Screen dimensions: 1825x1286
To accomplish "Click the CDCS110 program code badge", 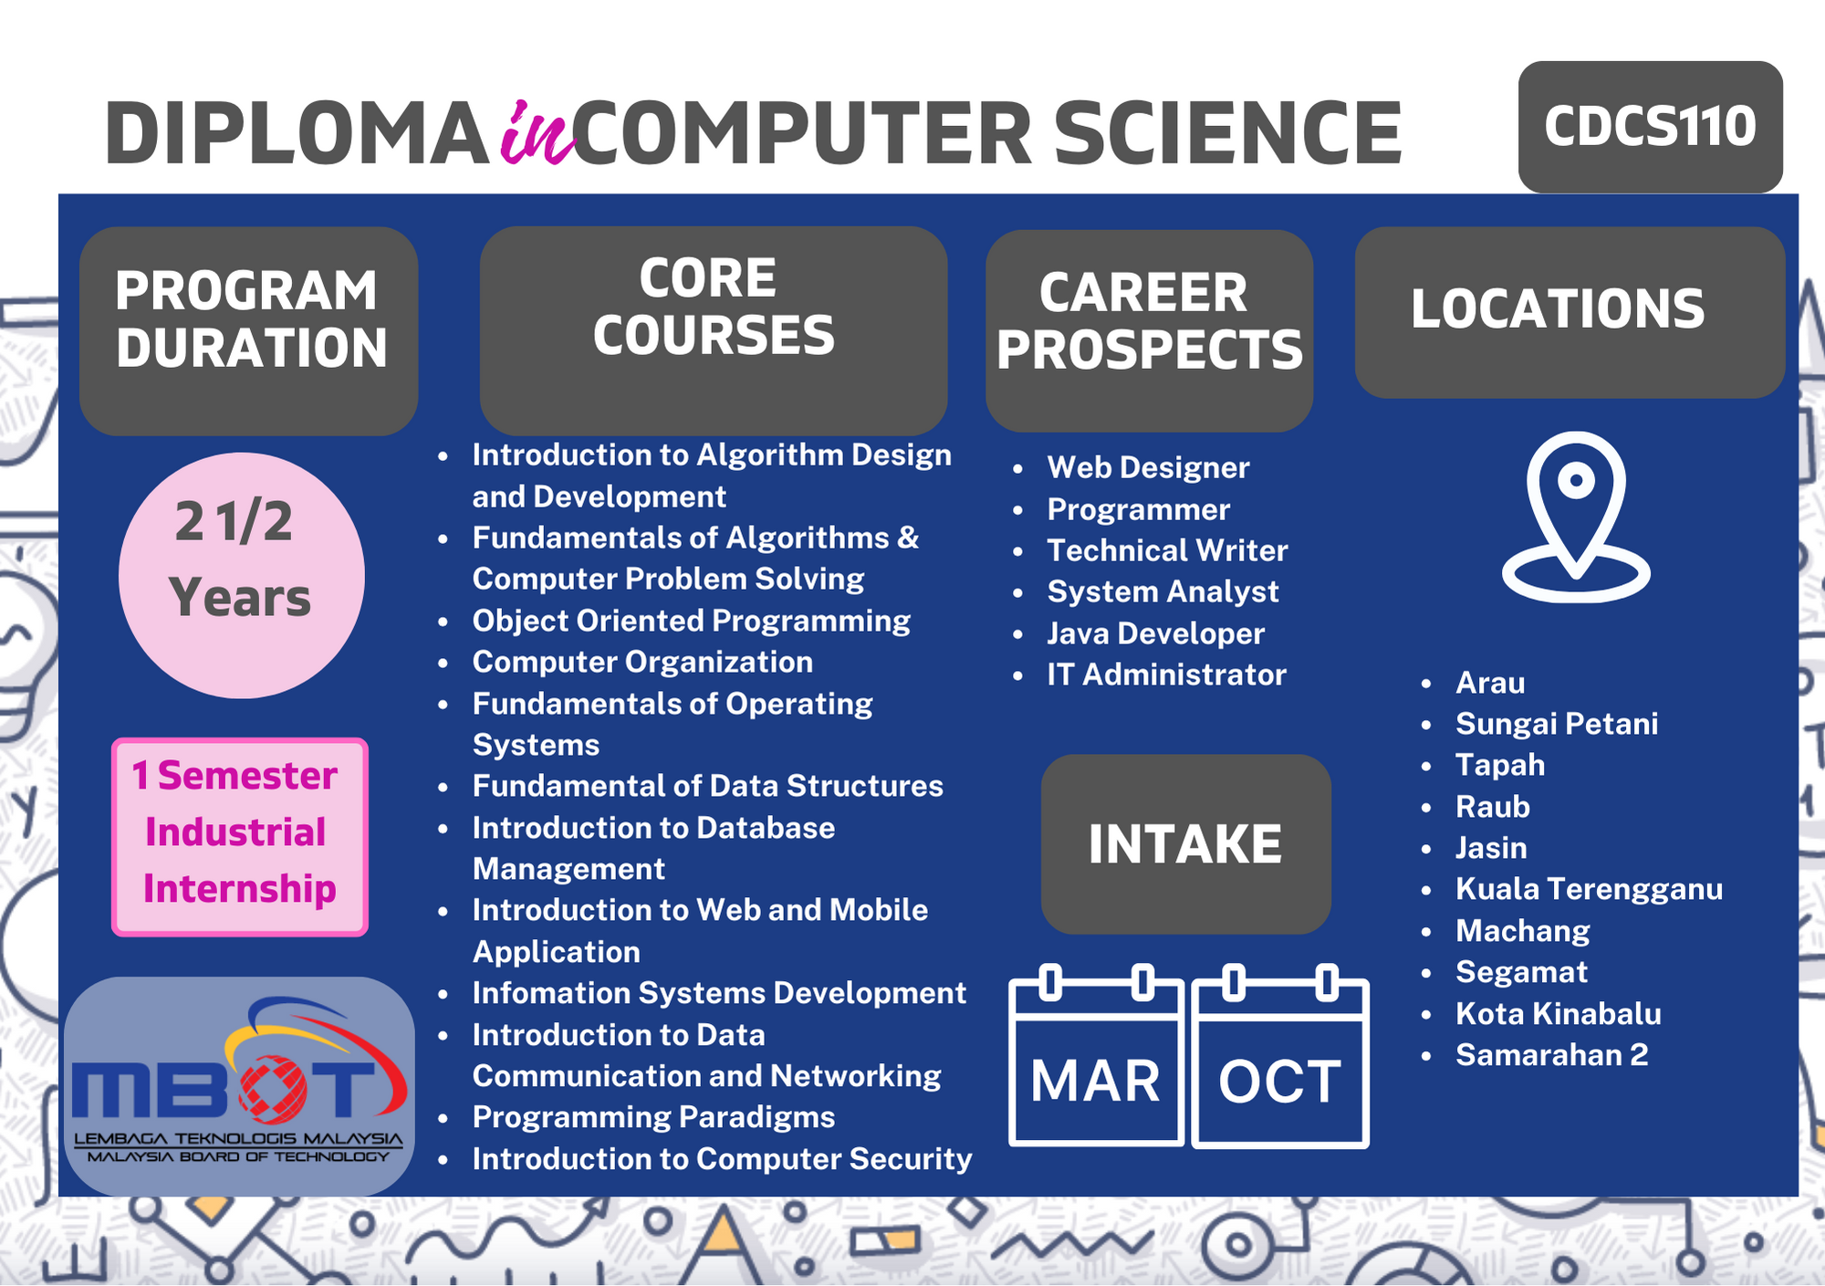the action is (x=1650, y=127).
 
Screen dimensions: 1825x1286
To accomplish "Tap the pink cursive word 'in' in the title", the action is (x=538, y=133).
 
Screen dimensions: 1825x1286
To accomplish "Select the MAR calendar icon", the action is (x=1096, y=1055).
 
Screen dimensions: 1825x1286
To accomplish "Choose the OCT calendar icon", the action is (x=1280, y=1055).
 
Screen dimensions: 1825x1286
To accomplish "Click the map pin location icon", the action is (x=1576, y=517).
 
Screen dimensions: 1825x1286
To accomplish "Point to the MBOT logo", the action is (x=239, y=1086).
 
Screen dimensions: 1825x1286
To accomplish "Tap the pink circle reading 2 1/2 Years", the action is (x=242, y=576).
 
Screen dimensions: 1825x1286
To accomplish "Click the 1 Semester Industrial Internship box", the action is (x=240, y=837).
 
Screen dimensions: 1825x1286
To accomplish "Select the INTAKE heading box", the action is (x=1185, y=843).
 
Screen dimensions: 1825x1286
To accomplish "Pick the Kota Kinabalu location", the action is (x=1558, y=1013).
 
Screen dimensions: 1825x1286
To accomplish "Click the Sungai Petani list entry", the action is (x=1557, y=724).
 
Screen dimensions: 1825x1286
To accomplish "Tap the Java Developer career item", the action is (x=1155, y=633).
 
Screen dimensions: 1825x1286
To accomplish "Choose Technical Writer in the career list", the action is (x=1167, y=550).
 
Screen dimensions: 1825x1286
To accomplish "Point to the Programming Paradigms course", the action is (x=653, y=1117).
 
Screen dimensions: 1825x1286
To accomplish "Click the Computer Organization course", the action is (x=642, y=662).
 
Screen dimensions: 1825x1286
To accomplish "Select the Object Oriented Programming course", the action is (x=691, y=621).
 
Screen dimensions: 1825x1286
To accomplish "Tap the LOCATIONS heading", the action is (x=1558, y=308).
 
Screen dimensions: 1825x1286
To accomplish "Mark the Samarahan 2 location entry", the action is (x=1551, y=1055).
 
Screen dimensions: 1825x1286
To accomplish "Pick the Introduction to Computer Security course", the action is (x=722, y=1159).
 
